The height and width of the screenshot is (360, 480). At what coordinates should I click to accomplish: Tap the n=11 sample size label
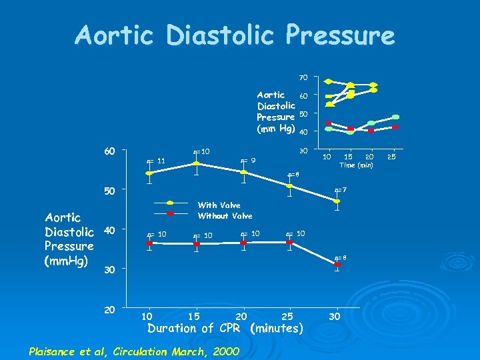pyautogui.click(x=155, y=160)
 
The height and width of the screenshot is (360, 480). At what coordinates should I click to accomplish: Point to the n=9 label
pyautogui.click(x=248, y=160)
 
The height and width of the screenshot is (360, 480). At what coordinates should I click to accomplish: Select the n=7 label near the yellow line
pyautogui.click(x=341, y=190)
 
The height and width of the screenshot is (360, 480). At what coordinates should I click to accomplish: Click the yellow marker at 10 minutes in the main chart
pyautogui.click(x=149, y=173)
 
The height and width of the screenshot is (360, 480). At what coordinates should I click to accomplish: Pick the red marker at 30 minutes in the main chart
pyautogui.click(x=338, y=265)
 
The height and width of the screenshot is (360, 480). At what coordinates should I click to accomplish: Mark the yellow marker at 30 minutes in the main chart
pyautogui.click(x=338, y=201)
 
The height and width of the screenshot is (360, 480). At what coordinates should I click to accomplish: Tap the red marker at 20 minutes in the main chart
pyautogui.click(x=243, y=243)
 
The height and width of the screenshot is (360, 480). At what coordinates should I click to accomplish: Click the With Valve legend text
pyautogui.click(x=219, y=205)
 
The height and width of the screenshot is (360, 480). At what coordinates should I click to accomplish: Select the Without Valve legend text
pyautogui.click(x=225, y=216)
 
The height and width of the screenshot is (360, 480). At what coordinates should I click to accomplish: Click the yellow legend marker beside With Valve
pyautogui.click(x=171, y=203)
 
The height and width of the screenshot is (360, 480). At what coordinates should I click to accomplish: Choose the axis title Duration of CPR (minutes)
pyautogui.click(x=225, y=328)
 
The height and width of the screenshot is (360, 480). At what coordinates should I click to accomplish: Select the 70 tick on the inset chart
pyautogui.click(x=303, y=78)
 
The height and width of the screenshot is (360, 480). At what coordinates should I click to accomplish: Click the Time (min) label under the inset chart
pyautogui.click(x=357, y=165)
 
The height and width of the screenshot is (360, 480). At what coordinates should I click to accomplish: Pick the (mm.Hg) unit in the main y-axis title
pyautogui.click(x=69, y=260)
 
